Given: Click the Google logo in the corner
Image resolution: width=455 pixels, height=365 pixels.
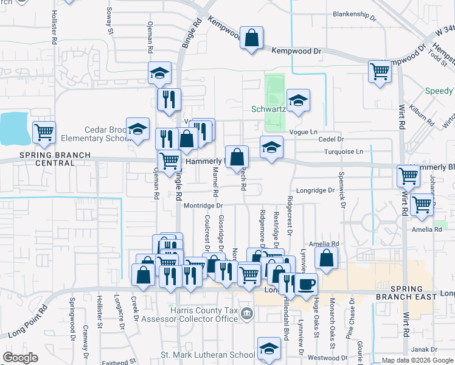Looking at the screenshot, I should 20,358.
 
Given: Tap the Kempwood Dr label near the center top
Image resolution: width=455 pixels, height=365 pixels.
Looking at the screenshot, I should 296,52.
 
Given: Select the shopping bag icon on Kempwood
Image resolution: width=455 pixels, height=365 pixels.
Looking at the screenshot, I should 251,39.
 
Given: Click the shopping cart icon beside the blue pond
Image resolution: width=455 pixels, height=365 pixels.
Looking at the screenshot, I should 44,133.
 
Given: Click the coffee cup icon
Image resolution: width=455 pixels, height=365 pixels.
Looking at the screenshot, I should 306,284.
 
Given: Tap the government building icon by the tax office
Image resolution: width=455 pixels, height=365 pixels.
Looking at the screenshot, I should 246,315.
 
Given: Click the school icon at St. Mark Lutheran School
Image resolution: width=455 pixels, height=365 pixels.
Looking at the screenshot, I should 269,349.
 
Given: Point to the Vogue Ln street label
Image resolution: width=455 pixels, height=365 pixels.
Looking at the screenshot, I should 305,132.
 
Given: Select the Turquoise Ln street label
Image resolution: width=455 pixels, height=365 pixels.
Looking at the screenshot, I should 343,151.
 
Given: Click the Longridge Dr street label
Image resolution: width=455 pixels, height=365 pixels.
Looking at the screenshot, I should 314,190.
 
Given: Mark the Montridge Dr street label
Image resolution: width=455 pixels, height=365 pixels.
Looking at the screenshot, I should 204,206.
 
